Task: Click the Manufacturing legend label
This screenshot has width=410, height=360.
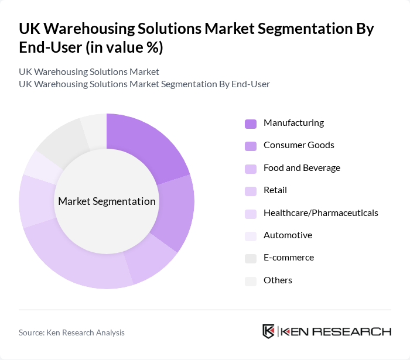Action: click(x=293, y=123)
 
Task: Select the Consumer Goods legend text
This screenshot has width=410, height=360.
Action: click(x=299, y=145)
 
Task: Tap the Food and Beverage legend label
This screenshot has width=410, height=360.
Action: click(x=302, y=168)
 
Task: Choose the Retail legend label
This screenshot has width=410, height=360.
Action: click(x=275, y=190)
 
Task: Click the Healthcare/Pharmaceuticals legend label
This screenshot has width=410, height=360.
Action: click(x=320, y=212)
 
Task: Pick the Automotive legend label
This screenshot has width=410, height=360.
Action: click(x=288, y=235)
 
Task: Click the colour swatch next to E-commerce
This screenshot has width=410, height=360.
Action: click(x=251, y=258)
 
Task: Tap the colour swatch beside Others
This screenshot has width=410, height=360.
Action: click(x=251, y=281)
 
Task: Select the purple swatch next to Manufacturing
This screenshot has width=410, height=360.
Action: click(x=251, y=124)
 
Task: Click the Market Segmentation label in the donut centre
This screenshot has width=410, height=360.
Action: click(x=107, y=201)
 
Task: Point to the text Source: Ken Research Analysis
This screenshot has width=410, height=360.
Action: click(x=71, y=332)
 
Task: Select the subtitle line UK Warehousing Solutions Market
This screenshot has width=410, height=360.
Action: click(x=89, y=72)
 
